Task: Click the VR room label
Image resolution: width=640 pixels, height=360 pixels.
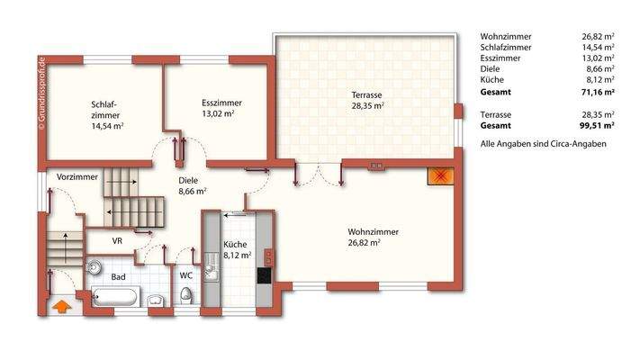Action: point(117,241)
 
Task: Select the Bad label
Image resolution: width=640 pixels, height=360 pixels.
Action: point(118,277)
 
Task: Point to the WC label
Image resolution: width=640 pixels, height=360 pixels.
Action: point(186,275)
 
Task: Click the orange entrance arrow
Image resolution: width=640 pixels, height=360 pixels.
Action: point(62,307)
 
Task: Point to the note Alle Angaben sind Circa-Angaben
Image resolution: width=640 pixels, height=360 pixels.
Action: point(543,144)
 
